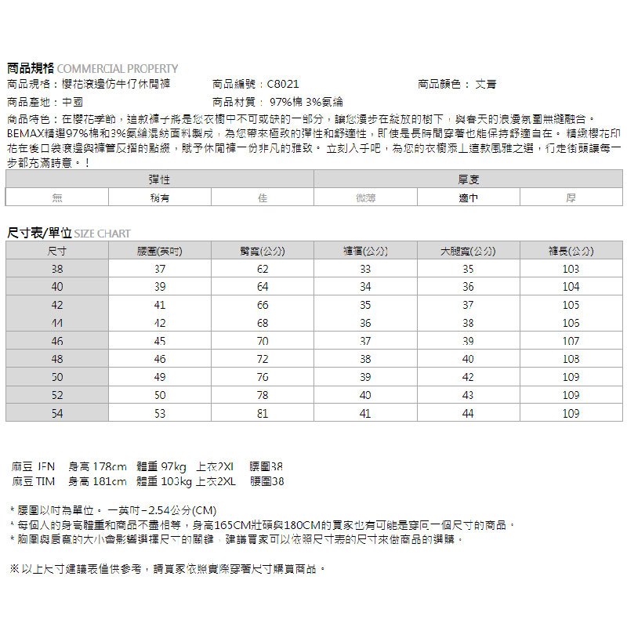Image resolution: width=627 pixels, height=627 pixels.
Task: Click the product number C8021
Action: (x=283, y=84)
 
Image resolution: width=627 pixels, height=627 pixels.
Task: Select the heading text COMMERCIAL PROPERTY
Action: (x=118, y=68)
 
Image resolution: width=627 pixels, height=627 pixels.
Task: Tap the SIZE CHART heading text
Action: (x=103, y=234)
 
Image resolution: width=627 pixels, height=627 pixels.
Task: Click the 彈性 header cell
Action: (x=160, y=180)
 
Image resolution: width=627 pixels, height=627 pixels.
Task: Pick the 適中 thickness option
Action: (x=469, y=198)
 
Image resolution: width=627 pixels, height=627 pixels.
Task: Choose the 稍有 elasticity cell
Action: (x=160, y=198)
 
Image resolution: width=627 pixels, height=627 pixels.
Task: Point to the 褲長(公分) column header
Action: (x=571, y=252)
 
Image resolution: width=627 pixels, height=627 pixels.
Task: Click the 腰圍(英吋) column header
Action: (x=160, y=252)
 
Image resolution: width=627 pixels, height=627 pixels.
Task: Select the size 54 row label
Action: (x=57, y=413)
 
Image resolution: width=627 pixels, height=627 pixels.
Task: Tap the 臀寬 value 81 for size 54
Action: (x=263, y=413)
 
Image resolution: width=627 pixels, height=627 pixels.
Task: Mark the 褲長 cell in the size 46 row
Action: (x=571, y=342)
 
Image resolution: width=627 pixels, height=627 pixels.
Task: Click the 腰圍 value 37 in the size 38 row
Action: (x=160, y=269)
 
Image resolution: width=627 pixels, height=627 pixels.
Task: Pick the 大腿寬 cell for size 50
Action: (x=468, y=377)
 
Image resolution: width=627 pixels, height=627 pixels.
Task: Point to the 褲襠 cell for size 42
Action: (x=365, y=305)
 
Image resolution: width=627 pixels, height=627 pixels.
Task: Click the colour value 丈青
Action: (x=486, y=84)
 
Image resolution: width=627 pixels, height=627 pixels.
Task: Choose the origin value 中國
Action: (x=72, y=102)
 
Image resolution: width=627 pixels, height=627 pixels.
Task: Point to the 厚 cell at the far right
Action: (x=571, y=198)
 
